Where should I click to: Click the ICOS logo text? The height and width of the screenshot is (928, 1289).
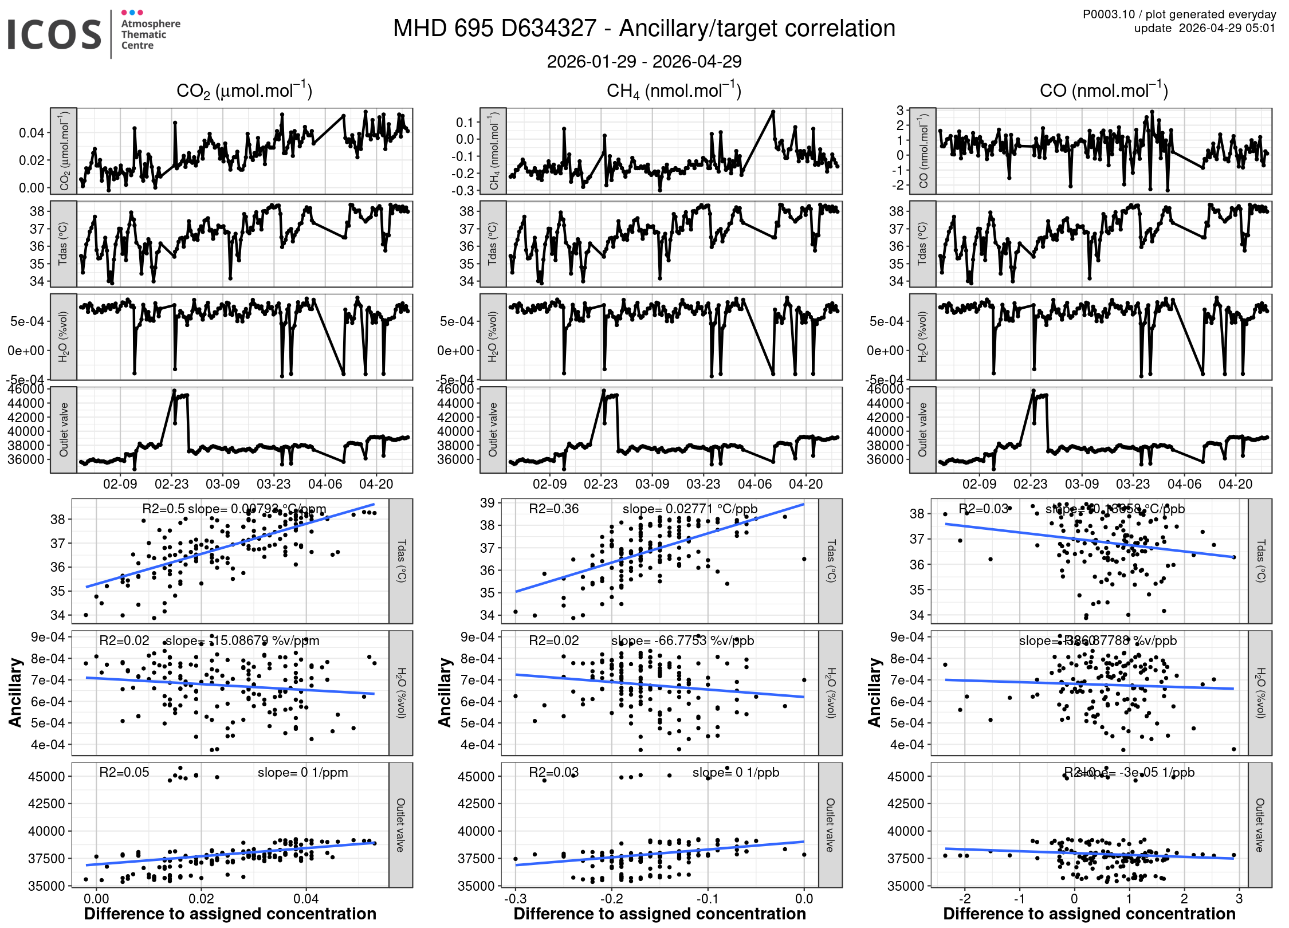point(54,34)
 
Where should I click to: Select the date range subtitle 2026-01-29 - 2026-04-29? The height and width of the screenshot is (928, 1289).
point(644,61)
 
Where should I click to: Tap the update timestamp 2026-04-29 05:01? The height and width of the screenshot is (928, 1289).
point(1227,28)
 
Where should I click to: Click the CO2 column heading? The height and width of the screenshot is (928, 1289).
point(244,91)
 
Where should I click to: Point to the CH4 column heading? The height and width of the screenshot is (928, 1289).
point(674,91)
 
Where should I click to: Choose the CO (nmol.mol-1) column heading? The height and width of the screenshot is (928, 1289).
point(1103,91)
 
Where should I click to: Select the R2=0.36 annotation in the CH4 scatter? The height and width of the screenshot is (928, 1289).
point(553,509)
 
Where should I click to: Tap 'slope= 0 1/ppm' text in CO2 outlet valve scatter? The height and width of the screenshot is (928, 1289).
point(302,772)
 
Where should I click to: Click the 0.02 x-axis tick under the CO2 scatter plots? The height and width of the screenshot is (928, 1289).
point(201,898)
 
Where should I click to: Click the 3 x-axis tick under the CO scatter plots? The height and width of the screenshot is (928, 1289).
point(1239,898)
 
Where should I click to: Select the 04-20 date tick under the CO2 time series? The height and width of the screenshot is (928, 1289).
point(376,484)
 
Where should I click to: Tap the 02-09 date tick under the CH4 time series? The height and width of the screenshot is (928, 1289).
point(549,484)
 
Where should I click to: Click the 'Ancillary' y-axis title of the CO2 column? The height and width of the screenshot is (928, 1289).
point(15,692)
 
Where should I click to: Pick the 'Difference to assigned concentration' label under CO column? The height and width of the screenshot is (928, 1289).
point(1089,914)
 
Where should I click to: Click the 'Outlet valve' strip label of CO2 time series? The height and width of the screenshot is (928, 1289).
point(64,430)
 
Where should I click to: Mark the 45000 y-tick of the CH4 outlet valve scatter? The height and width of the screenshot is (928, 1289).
point(476,777)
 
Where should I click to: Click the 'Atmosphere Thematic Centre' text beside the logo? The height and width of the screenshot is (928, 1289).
point(150,34)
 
